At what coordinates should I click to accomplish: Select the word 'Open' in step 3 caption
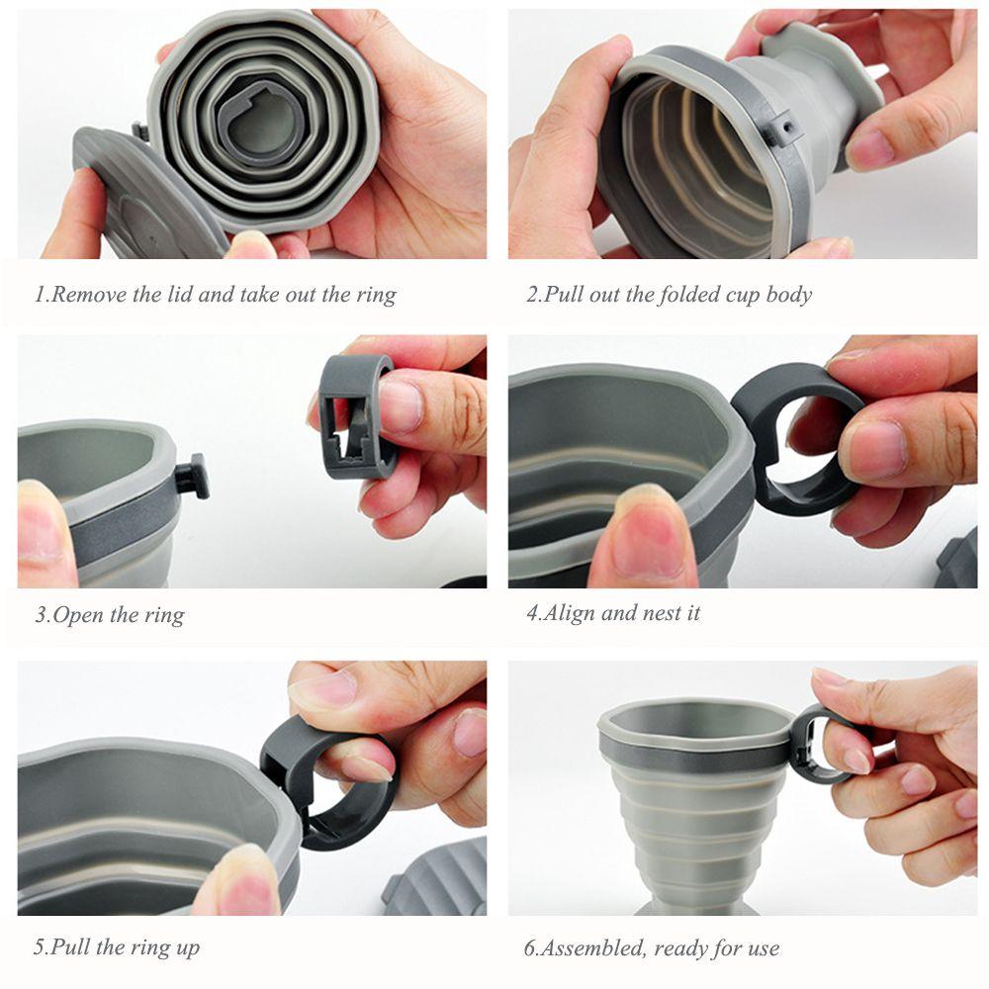[x=78, y=615]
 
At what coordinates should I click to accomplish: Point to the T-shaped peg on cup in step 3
[x=193, y=476]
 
